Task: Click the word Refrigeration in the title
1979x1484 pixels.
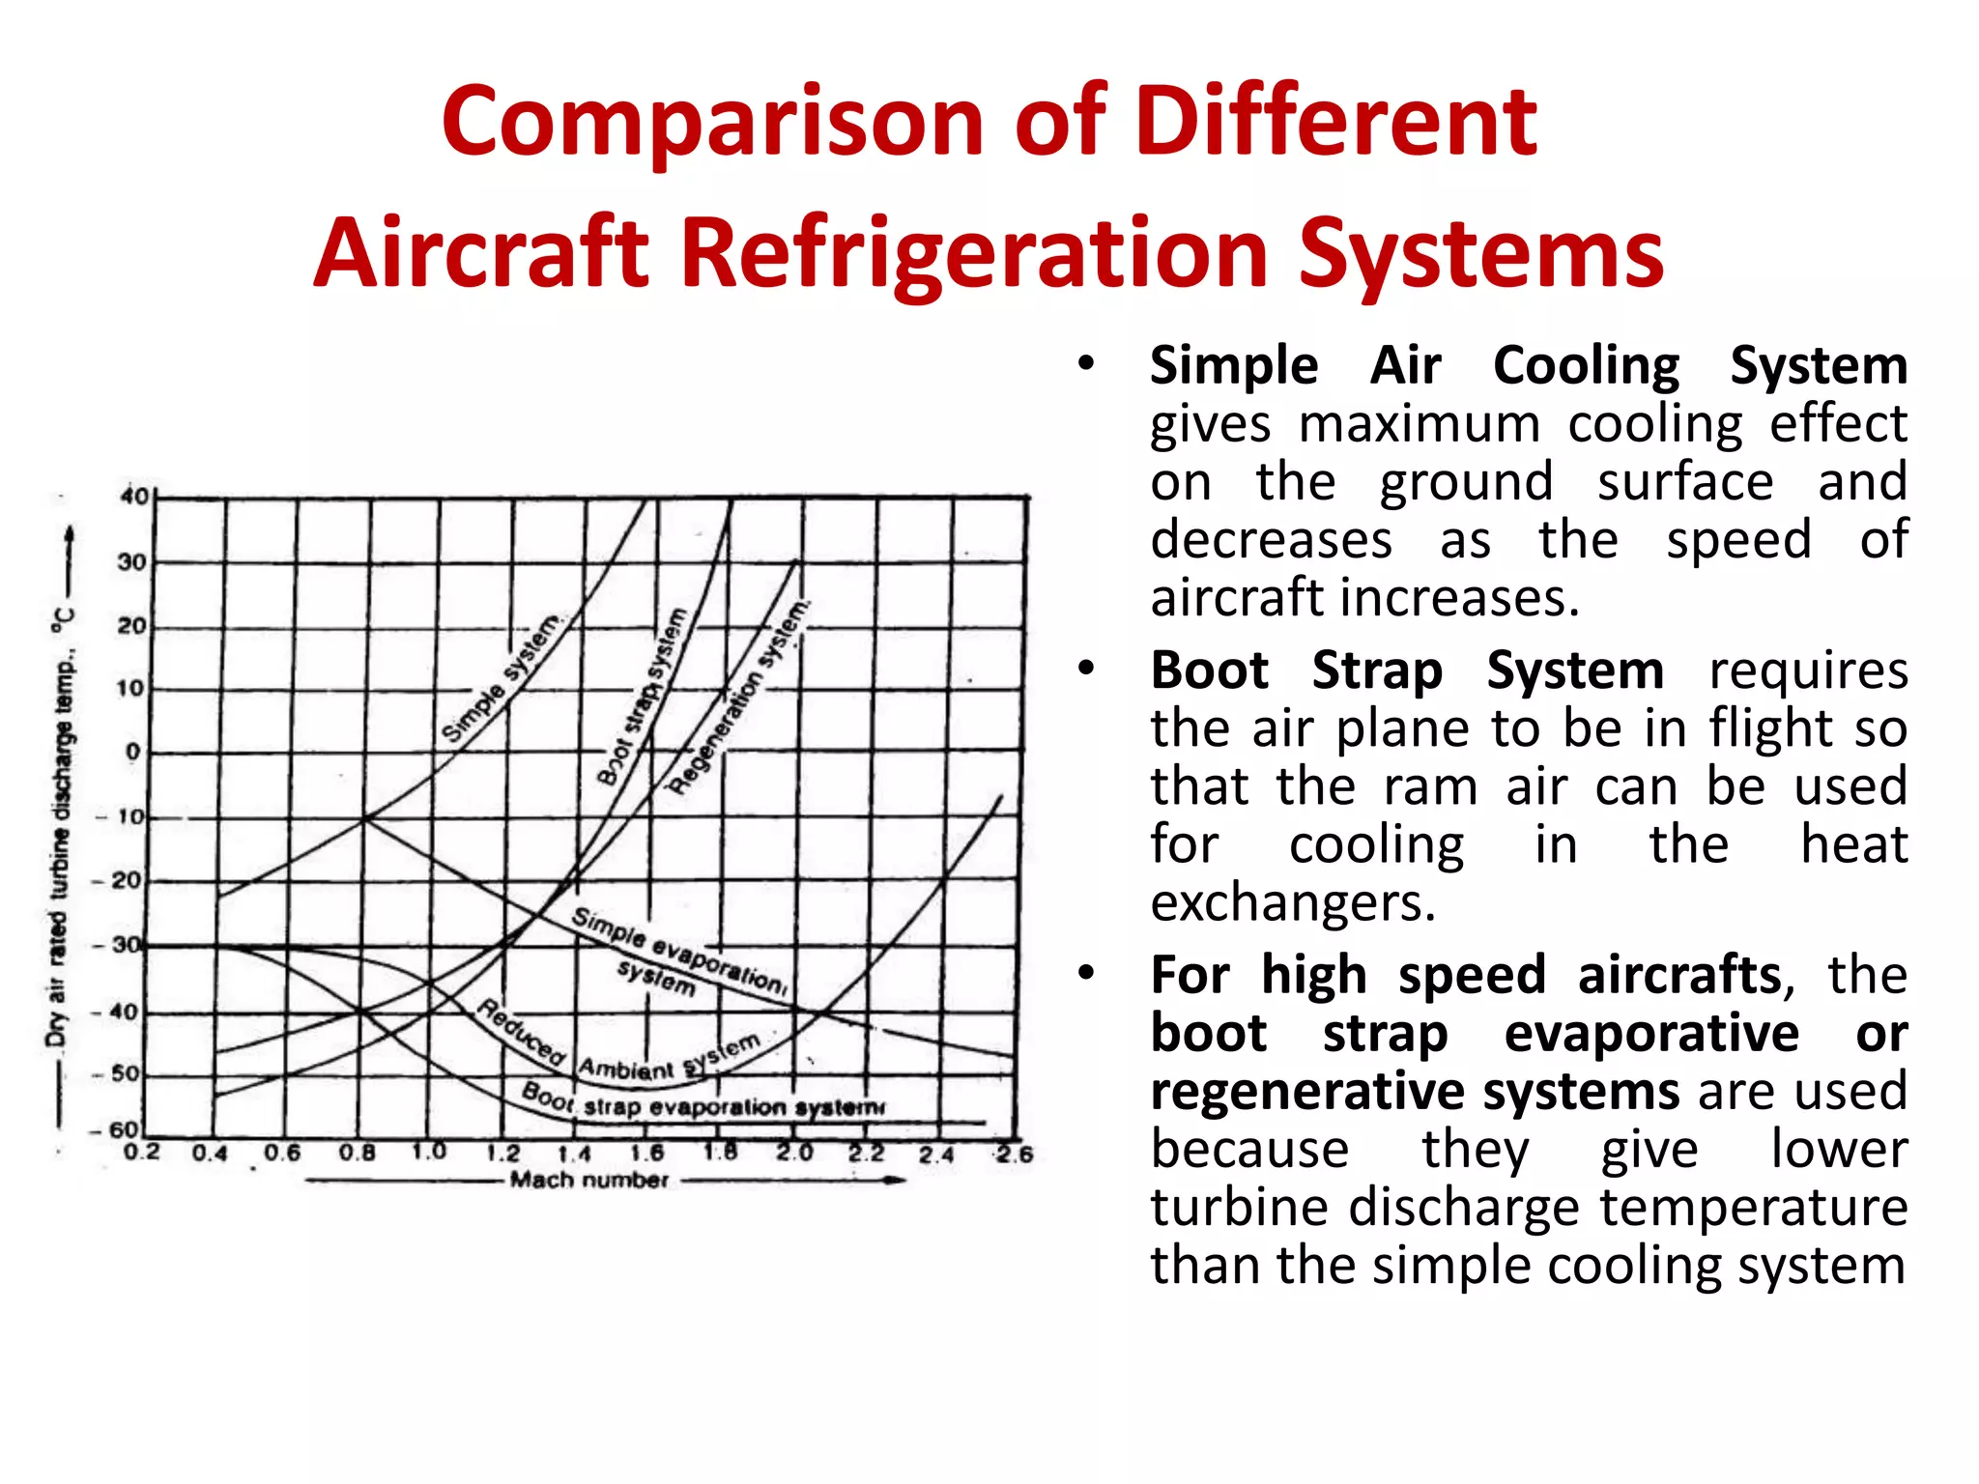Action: [x=975, y=253]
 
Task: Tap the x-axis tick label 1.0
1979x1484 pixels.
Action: [x=428, y=1152]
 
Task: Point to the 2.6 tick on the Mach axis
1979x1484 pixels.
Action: [x=1015, y=1154]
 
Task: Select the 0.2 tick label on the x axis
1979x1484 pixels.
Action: [x=141, y=1152]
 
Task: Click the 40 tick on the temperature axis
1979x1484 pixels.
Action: [x=134, y=497]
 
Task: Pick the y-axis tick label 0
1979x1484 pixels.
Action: [x=132, y=752]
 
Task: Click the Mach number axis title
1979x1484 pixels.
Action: [x=589, y=1180]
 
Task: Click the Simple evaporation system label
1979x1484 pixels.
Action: [x=676, y=952]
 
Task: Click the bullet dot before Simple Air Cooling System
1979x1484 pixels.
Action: [x=1087, y=365]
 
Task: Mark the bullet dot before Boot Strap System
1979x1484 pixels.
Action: [x=1087, y=669]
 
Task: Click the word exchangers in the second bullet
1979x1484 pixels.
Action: [x=1293, y=902]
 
